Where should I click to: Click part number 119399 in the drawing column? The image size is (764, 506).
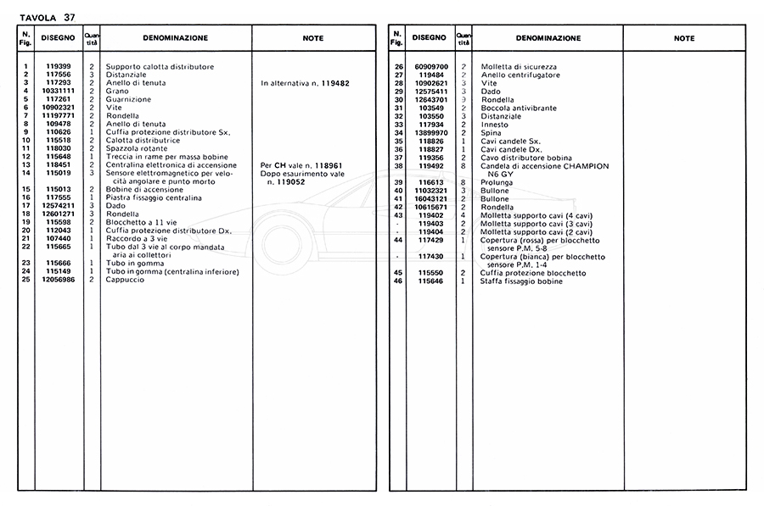[x=59, y=66]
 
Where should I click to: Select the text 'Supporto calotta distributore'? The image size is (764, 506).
[x=160, y=66]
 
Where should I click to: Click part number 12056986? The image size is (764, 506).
[x=59, y=279]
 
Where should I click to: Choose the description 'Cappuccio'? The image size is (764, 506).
[x=123, y=279]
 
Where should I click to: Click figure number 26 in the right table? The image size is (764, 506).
[x=396, y=66]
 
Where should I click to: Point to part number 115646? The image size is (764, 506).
[x=431, y=281]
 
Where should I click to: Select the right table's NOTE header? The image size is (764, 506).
[x=683, y=38]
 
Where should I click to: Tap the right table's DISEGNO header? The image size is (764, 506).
[x=429, y=38]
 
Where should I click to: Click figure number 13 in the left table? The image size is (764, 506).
[x=27, y=164]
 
